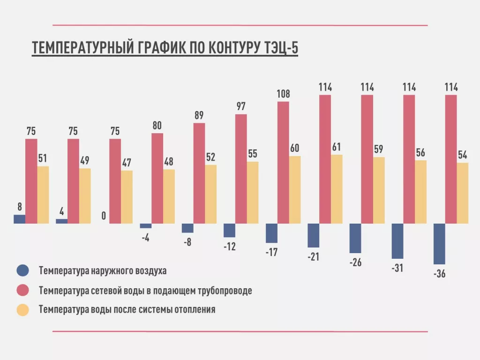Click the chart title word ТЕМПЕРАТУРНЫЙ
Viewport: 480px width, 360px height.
pos(82,48)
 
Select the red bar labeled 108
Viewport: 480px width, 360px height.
pos(283,162)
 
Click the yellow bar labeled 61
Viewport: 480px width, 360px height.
pos(337,189)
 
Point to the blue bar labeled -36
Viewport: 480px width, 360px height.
pos(439,244)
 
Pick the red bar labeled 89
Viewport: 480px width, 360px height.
pos(199,173)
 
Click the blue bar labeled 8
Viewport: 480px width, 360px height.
pos(20,219)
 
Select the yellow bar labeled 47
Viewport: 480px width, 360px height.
pos(127,197)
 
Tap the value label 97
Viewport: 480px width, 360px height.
pos(241,106)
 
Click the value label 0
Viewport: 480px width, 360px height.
pos(104,217)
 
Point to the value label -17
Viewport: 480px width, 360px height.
pos(271,252)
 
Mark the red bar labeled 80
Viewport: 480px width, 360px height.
pos(157,178)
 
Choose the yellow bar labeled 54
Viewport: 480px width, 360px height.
pos(463,193)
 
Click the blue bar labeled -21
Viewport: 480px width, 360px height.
pos(313,235)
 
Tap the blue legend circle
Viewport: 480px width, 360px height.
pos(22,270)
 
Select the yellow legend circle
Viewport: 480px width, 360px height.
pos(22,310)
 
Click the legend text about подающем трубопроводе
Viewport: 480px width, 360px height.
pos(145,291)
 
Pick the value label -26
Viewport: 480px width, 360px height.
pos(355,262)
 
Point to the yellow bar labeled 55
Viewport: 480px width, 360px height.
pos(253,192)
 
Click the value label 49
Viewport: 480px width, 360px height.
pos(85,160)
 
